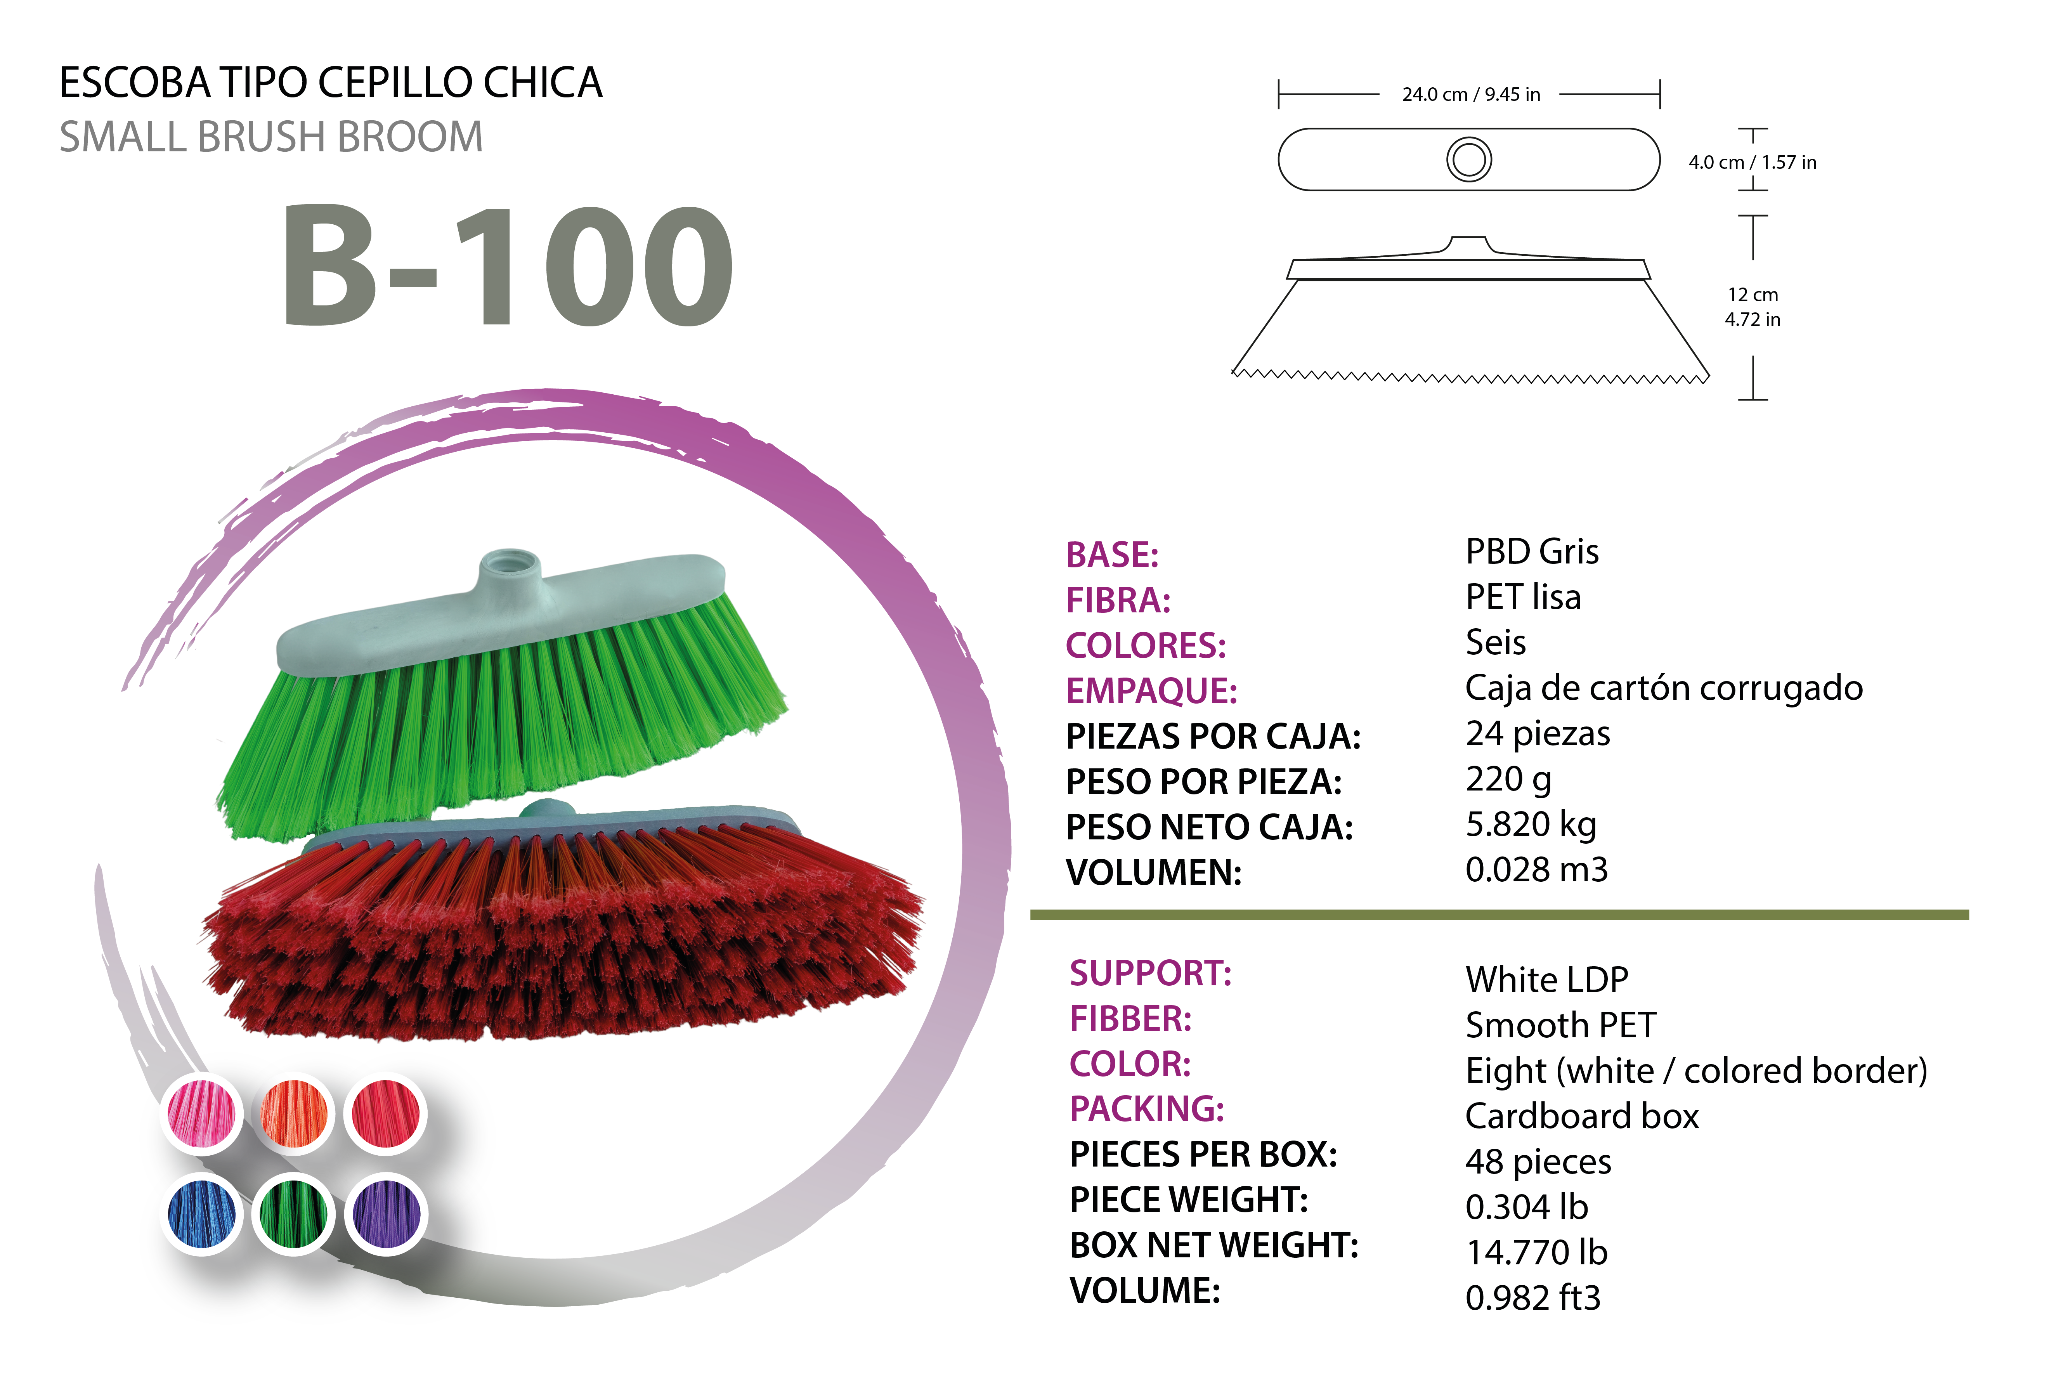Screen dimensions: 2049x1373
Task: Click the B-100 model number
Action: [508, 265]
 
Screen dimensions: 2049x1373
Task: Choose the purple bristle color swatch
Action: [386, 1214]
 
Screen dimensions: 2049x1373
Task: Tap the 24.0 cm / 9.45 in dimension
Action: [1471, 95]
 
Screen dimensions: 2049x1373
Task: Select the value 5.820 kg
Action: [1531, 825]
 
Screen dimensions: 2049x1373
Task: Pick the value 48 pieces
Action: [1538, 1162]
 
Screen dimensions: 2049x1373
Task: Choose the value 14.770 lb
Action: [1537, 1252]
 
